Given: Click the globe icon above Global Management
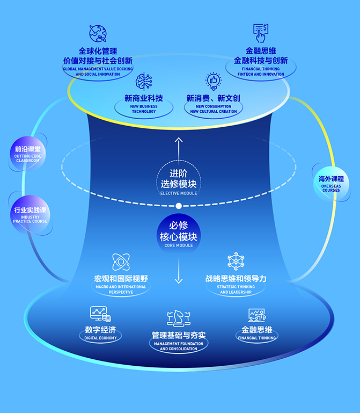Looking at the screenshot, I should [x=98, y=33].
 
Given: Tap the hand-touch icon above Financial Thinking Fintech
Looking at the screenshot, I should [x=261, y=33].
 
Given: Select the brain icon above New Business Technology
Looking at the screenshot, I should [x=144, y=81].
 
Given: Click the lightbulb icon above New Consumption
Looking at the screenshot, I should [x=214, y=81].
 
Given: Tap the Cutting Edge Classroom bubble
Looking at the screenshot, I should [x=27, y=154].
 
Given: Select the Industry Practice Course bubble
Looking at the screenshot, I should [x=30, y=214].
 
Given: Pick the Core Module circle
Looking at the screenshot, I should [x=179, y=234].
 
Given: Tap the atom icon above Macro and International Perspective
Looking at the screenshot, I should [x=121, y=262].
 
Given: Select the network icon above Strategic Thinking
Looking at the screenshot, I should [x=236, y=261].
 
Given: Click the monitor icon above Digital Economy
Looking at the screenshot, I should [x=100, y=314].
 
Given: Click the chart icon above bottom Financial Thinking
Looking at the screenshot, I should [x=257, y=315].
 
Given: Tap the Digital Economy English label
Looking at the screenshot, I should [x=100, y=338].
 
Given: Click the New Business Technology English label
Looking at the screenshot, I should [x=143, y=109].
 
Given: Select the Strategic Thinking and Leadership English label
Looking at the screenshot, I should [x=237, y=289].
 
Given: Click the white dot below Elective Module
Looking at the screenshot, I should [x=179, y=205].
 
